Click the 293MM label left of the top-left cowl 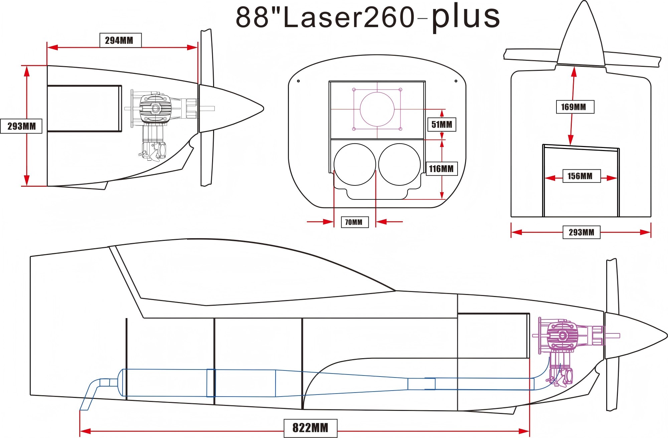click(x=21, y=126)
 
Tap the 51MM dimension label click(x=442, y=125)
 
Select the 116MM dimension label click(x=441, y=169)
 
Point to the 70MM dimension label click(x=354, y=222)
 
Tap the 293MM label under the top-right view click(x=581, y=232)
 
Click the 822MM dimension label click(x=310, y=428)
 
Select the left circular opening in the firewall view click(x=355, y=164)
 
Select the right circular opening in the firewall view click(x=399, y=164)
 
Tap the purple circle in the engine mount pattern click(x=377, y=109)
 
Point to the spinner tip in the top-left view click(x=263, y=109)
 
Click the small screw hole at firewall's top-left click(x=298, y=81)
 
